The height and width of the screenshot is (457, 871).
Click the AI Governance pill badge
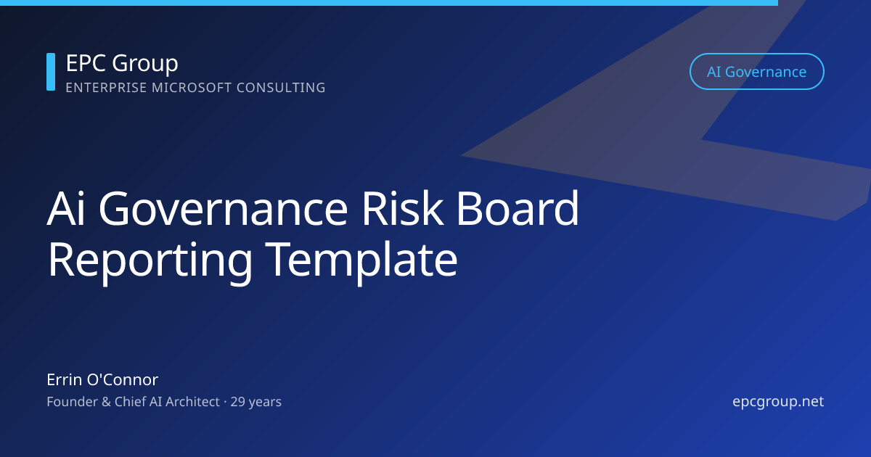pyautogui.click(x=756, y=72)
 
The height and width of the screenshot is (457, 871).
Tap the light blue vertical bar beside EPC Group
pyautogui.click(x=51, y=72)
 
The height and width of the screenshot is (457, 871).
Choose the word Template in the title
pyautogui.click(x=361, y=260)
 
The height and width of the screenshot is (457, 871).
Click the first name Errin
pyautogui.click(x=65, y=379)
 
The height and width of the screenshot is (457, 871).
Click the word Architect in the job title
pyautogui.click(x=190, y=401)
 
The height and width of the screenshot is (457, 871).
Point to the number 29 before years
pyautogui.click(x=238, y=401)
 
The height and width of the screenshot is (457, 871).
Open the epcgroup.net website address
pyautogui.click(x=778, y=401)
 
